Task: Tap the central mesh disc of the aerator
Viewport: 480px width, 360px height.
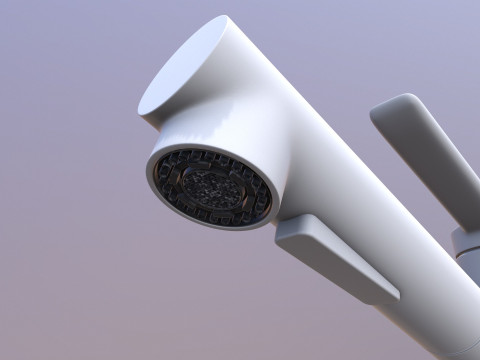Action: (x=211, y=187)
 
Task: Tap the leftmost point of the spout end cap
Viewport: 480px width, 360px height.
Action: (x=140, y=107)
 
